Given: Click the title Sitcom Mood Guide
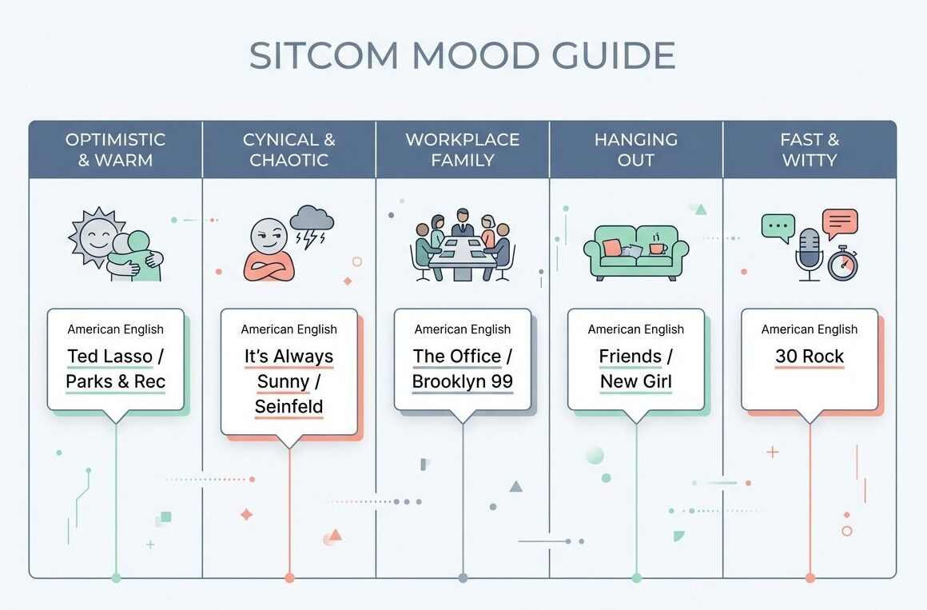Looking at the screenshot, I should click(x=463, y=57).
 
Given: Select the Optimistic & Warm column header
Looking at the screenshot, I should click(x=115, y=150).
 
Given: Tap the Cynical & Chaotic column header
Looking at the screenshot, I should click(x=288, y=150).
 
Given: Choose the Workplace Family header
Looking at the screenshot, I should click(x=463, y=150).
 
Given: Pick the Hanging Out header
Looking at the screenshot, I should click(x=636, y=150).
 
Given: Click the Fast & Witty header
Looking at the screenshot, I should click(x=810, y=150).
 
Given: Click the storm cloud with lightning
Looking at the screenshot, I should click(x=311, y=222).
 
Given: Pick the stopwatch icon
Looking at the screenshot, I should click(x=842, y=264).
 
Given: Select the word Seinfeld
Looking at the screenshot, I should click(x=288, y=407).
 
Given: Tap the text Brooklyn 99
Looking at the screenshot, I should click(x=463, y=381).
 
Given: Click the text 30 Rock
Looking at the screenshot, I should click(x=810, y=357).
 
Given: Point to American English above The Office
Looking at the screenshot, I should click(x=463, y=329).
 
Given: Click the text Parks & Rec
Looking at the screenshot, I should click(x=115, y=381).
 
